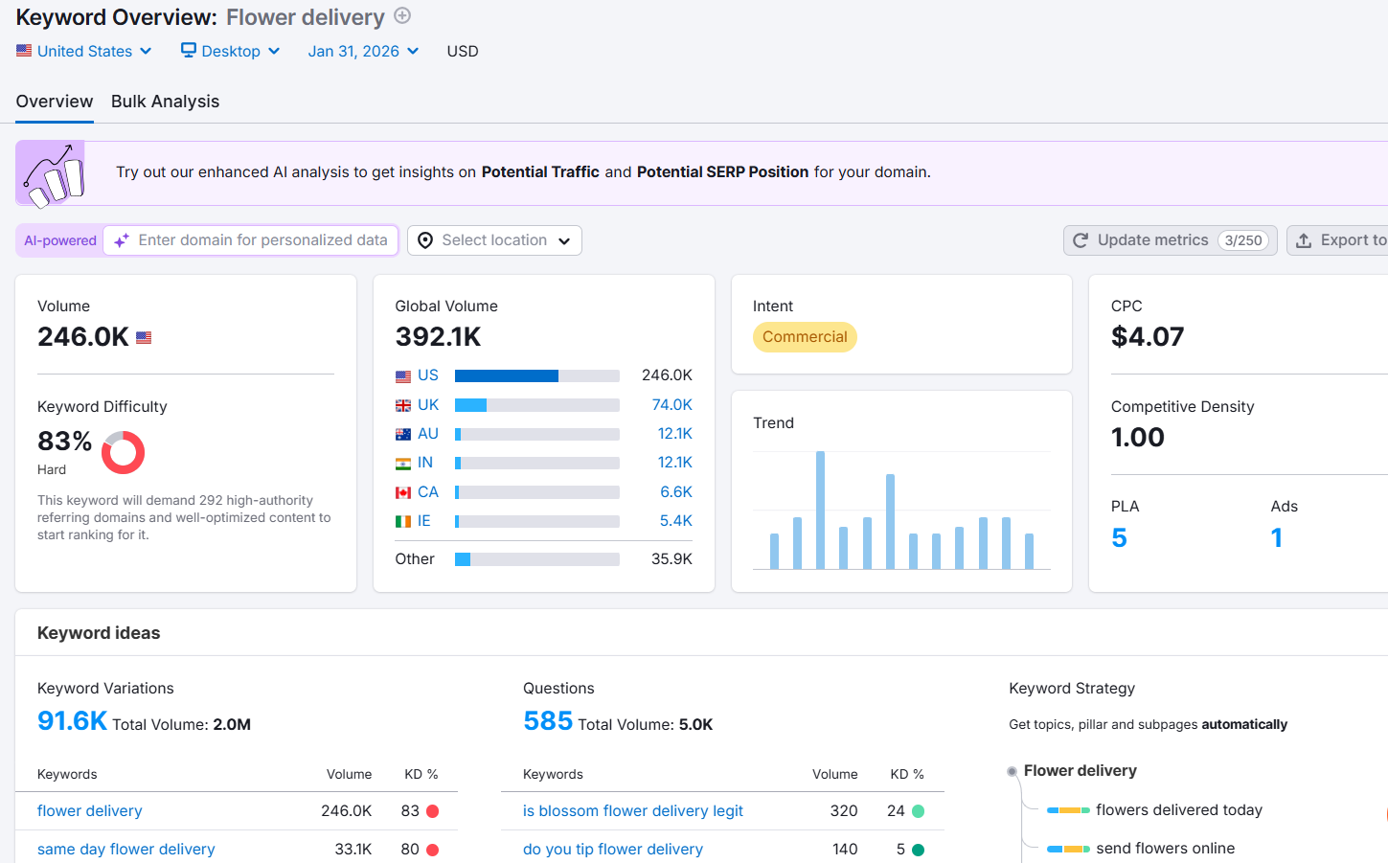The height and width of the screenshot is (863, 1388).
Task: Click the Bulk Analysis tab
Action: pyautogui.click(x=165, y=102)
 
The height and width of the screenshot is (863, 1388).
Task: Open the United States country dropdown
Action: pyautogui.click(x=84, y=52)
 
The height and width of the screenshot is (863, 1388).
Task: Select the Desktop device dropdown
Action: pyautogui.click(x=231, y=52)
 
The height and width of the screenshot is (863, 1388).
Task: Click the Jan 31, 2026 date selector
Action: pyautogui.click(x=363, y=52)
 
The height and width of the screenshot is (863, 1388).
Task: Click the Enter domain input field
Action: pyautogui.click(x=262, y=240)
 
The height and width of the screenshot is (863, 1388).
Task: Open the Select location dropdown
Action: pyautogui.click(x=494, y=240)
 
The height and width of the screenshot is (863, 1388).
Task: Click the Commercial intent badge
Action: pyautogui.click(x=805, y=337)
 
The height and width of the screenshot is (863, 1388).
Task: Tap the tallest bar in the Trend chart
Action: pyautogui.click(x=820, y=510)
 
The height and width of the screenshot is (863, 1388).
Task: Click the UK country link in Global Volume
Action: pyautogui.click(x=428, y=405)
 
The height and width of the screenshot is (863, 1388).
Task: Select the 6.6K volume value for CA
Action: pyautogui.click(x=675, y=492)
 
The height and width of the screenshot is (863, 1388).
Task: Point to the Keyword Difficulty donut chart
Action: pyautogui.click(x=123, y=453)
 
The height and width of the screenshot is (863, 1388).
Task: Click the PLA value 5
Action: pyautogui.click(x=1119, y=538)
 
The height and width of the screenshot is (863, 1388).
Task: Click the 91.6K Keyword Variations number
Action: pyautogui.click(x=72, y=721)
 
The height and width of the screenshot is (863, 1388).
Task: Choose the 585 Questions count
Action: pyautogui.click(x=548, y=721)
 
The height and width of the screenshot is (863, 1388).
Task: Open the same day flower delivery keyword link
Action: pyautogui.click(x=125, y=850)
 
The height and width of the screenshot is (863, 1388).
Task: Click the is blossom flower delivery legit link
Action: pyautogui.click(x=632, y=811)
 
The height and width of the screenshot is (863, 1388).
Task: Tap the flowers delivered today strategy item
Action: pyautogui.click(x=1178, y=810)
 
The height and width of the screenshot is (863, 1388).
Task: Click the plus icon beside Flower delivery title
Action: pyautogui.click(x=403, y=15)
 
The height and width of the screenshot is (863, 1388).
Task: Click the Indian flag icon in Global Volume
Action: pyautogui.click(x=403, y=464)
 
